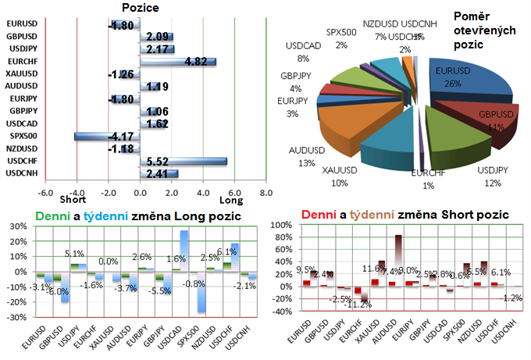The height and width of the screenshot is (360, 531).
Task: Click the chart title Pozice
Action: pyautogui.click(x=141, y=7)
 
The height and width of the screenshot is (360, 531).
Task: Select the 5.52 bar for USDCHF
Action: pyautogui.click(x=184, y=161)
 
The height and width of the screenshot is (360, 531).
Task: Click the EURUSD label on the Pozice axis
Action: pyautogui.click(x=21, y=24)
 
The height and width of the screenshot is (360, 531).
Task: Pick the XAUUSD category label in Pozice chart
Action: pyautogui.click(x=21, y=73)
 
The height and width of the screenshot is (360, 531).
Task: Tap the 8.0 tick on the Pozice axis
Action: pyautogui.click(x=265, y=191)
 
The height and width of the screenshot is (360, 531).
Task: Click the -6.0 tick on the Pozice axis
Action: pyautogui.click(x=45, y=191)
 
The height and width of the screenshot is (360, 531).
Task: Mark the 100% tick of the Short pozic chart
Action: pyautogui.click(x=278, y=225)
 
